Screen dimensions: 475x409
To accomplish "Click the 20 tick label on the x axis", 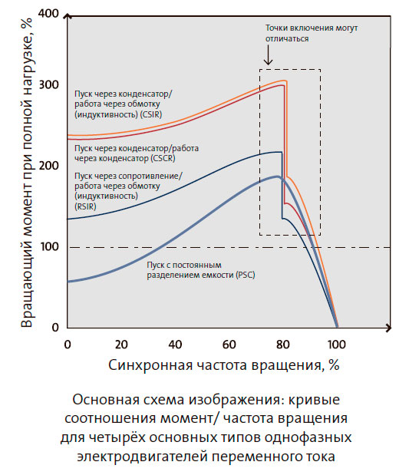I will pyautogui.click(x=121, y=342).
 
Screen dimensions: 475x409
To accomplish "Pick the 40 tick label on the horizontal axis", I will pyautogui.click(x=176, y=342).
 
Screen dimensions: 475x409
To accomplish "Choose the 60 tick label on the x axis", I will pyautogui.click(x=229, y=342).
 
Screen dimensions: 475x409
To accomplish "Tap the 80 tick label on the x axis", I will pyautogui.click(x=283, y=342).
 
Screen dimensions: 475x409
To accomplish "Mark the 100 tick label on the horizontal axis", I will pyautogui.click(x=335, y=342).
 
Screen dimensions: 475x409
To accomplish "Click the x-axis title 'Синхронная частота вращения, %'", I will pyautogui.click(x=223, y=364).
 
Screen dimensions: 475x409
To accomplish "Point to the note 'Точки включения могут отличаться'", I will pyautogui.click(x=311, y=32).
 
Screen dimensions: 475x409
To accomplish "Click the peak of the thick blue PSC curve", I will pyautogui.click(x=278, y=177).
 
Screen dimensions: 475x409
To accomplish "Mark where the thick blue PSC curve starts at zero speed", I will pyautogui.click(x=68, y=282).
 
